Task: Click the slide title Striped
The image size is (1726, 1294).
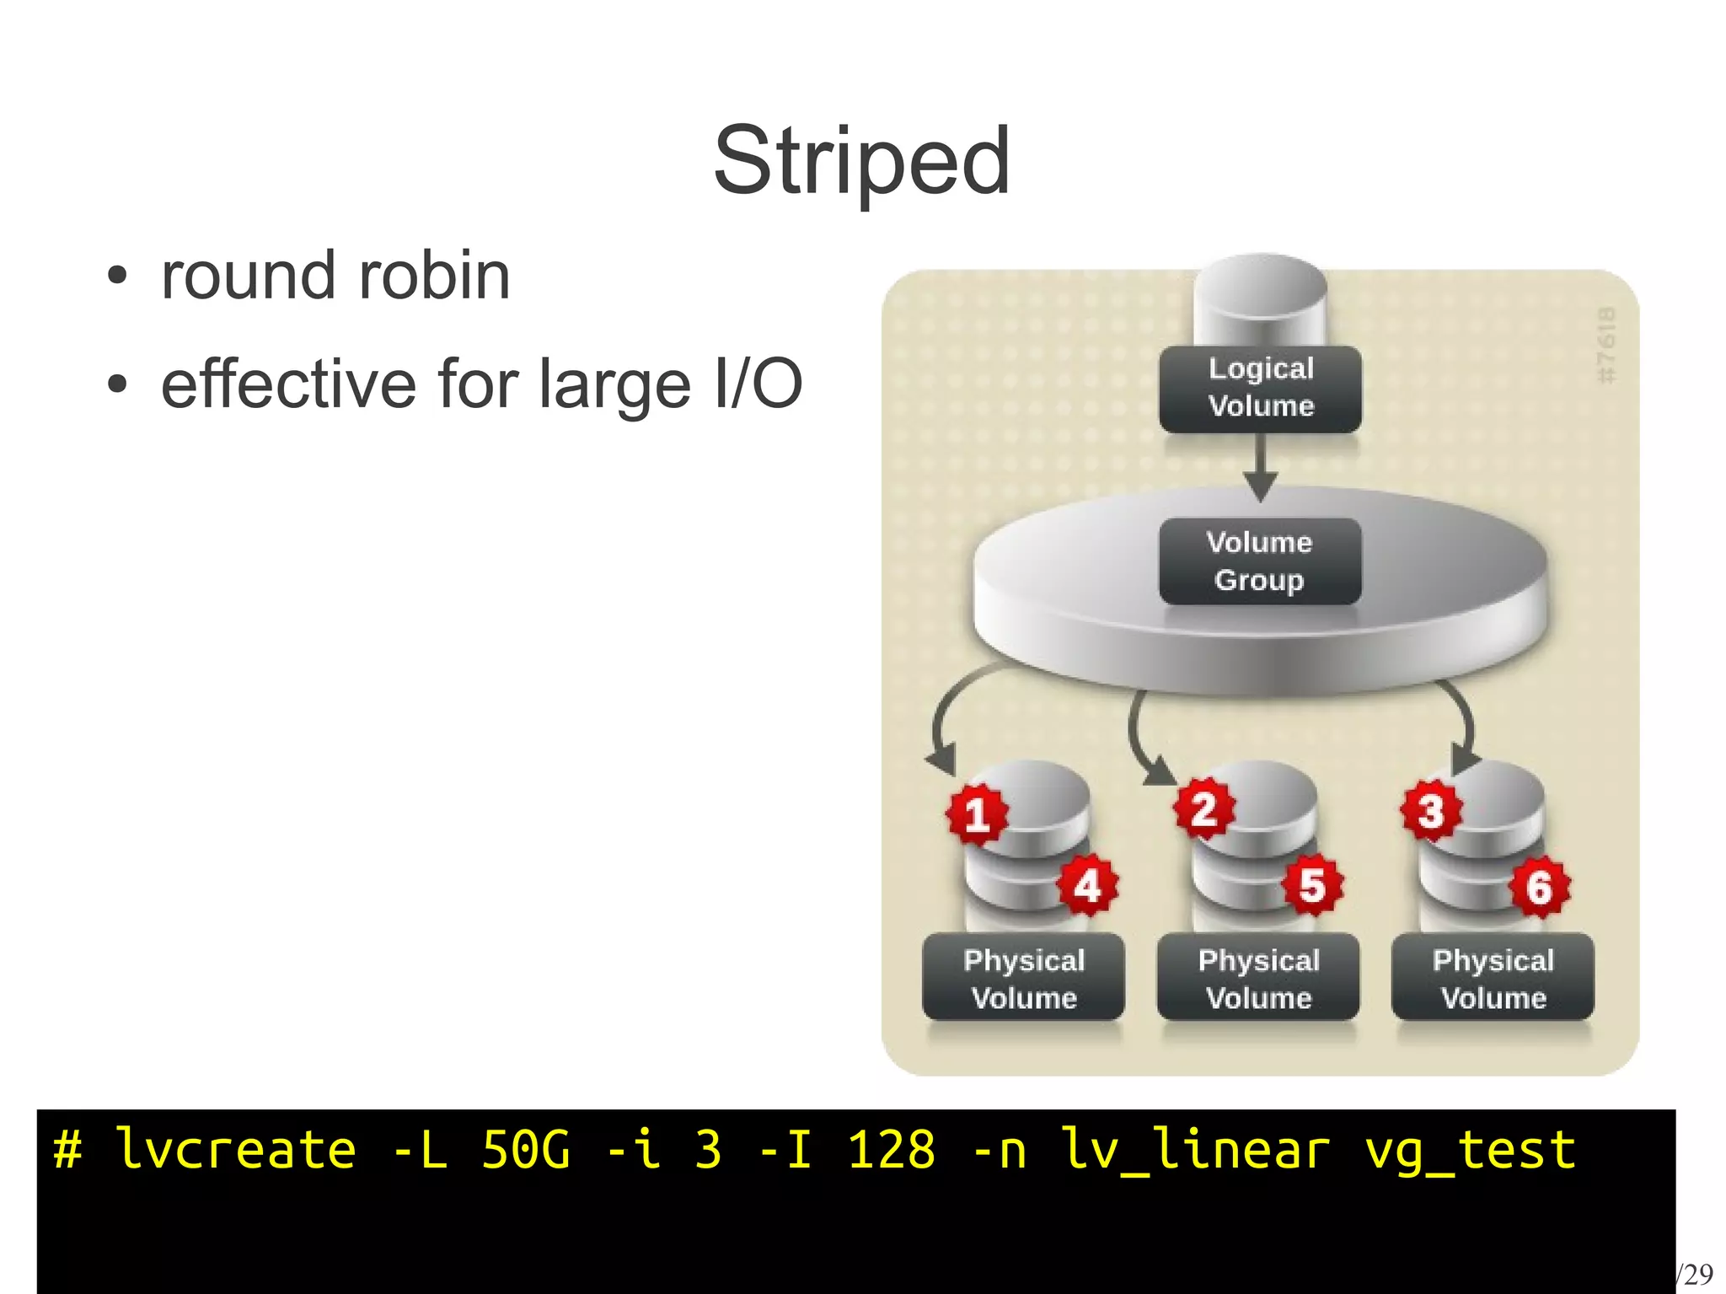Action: (861, 160)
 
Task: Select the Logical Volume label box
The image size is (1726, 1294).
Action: (1260, 388)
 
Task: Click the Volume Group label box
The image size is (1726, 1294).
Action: (1260, 561)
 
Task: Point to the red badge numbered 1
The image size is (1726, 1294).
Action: (976, 814)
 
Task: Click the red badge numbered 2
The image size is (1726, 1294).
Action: (1204, 809)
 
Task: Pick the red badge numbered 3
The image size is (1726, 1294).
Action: (1430, 812)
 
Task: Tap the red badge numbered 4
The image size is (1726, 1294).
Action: (1087, 885)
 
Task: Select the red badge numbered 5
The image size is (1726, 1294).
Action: (1312, 885)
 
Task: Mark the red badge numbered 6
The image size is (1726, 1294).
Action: (1539, 887)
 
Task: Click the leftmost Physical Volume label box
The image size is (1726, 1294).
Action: (1023, 978)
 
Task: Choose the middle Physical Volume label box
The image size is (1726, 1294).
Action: (1258, 978)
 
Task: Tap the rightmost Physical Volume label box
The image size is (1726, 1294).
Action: (1493, 978)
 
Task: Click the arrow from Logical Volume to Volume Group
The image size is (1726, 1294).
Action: (1261, 469)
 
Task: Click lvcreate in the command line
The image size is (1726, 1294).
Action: (236, 1150)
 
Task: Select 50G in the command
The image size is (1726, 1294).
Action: (526, 1150)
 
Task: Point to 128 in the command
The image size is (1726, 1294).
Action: (892, 1150)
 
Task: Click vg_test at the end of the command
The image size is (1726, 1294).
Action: (1470, 1152)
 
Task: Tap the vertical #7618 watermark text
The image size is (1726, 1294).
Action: (1607, 346)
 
